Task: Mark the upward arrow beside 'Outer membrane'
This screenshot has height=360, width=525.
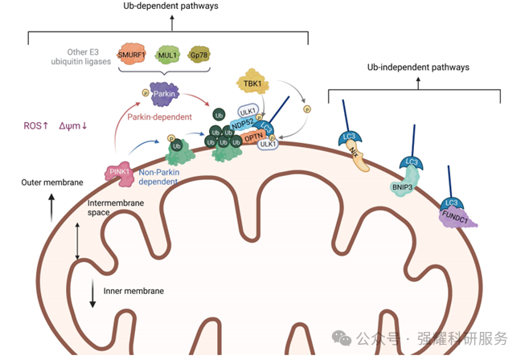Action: (x=51, y=207)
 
